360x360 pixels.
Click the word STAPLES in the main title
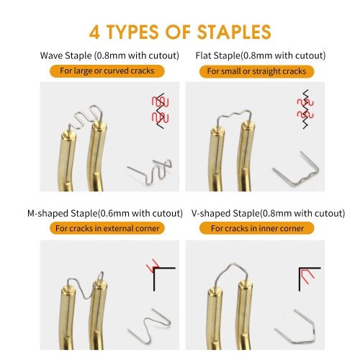tap(234, 32)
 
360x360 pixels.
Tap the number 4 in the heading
tap(94, 32)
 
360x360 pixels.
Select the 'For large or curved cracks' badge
tap(107, 71)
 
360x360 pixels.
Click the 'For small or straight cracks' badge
tap(256, 71)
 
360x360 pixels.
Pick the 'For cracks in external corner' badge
tap(107, 228)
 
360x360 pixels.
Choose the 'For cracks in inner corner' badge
tap(257, 228)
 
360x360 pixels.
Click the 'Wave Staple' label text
tap(66, 55)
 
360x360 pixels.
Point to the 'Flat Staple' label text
tap(217, 55)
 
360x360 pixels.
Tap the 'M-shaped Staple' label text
tap(63, 213)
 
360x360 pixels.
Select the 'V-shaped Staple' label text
tap(225, 213)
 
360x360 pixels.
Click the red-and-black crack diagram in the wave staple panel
tap(160, 111)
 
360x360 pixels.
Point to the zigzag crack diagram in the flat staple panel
tap(305, 109)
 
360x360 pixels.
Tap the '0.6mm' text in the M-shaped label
tap(111, 213)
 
